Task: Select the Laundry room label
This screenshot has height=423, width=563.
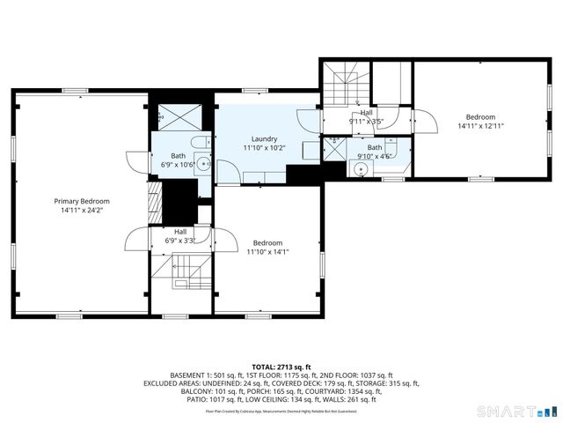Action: click(264, 138)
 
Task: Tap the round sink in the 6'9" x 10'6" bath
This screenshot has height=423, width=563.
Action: click(202, 162)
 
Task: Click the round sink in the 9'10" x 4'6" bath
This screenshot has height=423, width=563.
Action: click(361, 171)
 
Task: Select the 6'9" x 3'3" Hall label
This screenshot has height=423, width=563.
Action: click(179, 232)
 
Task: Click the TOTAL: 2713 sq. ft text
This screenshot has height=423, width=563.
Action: click(281, 366)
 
